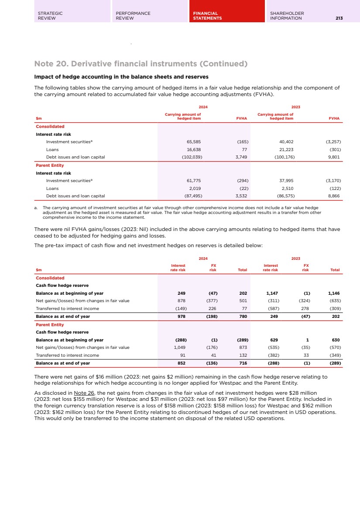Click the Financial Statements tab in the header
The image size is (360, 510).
[207, 16]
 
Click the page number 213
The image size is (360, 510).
[339, 18]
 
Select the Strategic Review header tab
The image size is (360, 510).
[50, 16]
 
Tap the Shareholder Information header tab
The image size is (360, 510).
[287, 16]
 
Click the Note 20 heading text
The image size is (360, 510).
[141, 64]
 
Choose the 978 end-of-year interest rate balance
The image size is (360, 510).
[181, 317]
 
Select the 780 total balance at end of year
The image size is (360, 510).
[243, 317]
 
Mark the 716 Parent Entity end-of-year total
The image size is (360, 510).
[243, 363]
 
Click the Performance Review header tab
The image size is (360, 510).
[133, 16]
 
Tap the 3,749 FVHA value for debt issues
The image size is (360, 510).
[241, 157]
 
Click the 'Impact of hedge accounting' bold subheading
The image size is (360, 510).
[118, 77]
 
